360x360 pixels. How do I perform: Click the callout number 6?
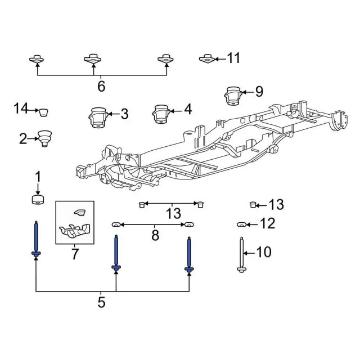coord(101,87)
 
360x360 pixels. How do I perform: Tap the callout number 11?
coord(233,58)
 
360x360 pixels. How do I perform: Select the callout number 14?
coord(21,107)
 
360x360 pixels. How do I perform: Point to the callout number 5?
coord(101,302)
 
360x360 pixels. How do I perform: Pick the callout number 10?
coord(264,251)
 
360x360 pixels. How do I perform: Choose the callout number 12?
coord(268,224)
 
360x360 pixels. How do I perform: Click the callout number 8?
coord(155,235)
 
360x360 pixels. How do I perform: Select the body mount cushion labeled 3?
coord(97,118)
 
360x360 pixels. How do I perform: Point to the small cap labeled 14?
coord(43,111)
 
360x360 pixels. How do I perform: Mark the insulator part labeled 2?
coord(43,137)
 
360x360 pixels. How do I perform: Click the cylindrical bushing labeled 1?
coord(38,200)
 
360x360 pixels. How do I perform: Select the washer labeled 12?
coord(241,225)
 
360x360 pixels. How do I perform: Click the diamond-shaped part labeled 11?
coord(206,58)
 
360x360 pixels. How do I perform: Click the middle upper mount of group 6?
coord(93,58)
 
